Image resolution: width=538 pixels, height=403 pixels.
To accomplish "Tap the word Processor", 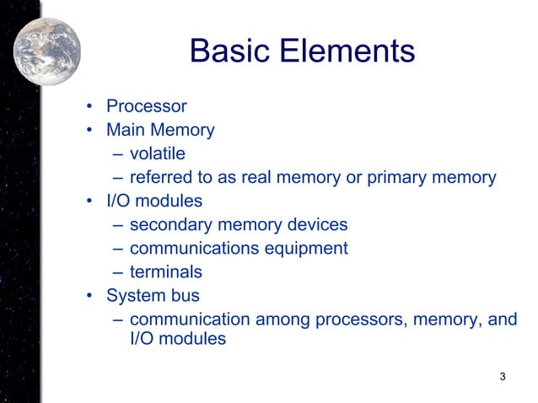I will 146,107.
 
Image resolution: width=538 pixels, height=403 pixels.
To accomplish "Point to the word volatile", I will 157,154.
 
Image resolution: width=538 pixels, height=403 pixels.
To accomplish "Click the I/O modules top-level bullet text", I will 154,201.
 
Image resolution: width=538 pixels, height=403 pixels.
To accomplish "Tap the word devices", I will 316,225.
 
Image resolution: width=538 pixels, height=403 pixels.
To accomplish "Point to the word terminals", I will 165,272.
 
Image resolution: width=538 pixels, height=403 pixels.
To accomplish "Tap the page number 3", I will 503,376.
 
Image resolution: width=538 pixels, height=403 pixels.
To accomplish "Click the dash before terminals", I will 116,273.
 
